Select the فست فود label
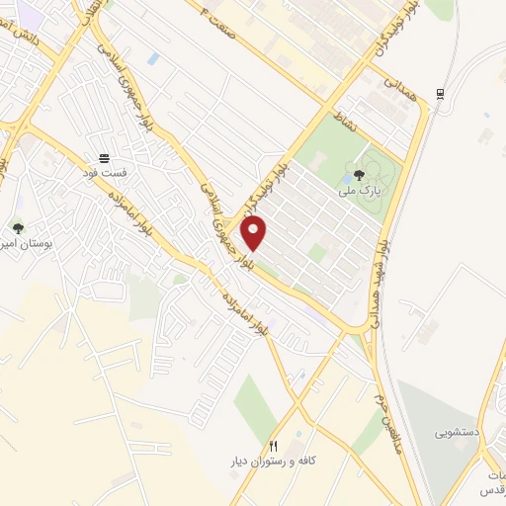pyautogui.click(x=104, y=172)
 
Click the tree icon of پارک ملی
pyautogui.click(x=358, y=172)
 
